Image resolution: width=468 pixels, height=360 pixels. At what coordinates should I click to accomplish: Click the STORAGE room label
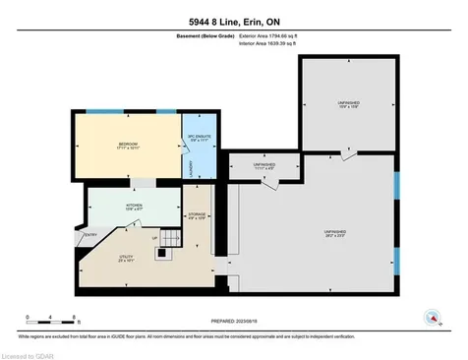coord(198,217)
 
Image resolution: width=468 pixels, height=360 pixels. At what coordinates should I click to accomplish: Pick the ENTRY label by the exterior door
coord(91,235)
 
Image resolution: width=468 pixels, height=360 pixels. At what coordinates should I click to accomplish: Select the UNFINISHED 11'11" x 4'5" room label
coord(263,166)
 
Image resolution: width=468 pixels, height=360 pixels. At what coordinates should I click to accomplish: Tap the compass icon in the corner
coord(430,317)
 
